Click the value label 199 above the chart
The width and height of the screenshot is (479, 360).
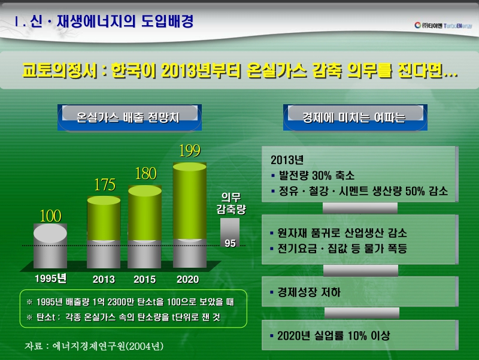[x=189, y=151]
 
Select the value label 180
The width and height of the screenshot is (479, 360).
[x=145, y=174]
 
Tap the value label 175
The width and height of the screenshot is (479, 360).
[x=104, y=185]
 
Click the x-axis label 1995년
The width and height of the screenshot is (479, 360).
[x=50, y=279]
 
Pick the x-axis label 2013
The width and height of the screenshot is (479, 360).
[x=104, y=279]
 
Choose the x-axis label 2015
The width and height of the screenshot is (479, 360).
[x=144, y=279]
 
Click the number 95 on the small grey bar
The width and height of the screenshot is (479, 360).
[x=230, y=243]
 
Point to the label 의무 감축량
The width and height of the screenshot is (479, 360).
[x=231, y=203]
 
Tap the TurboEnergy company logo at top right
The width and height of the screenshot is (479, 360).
[x=443, y=25]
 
